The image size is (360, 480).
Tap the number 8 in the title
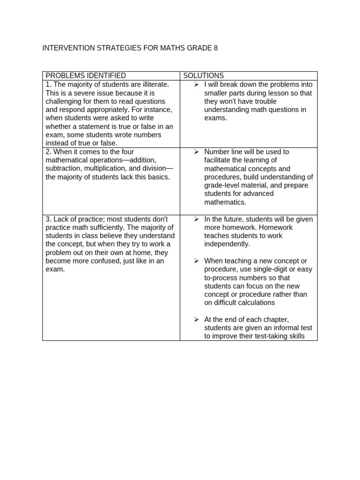coord(216,48)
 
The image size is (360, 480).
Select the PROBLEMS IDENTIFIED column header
coord(86,75)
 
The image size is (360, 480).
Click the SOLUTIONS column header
coord(203,75)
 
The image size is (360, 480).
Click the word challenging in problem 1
coord(65,101)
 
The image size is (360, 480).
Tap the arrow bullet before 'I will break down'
coord(197,84)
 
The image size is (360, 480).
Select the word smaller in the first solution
coord(217,93)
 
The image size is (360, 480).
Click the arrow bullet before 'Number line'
coord(197,152)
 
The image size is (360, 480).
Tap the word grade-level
coord(224,186)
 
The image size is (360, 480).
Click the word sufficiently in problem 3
coord(107,228)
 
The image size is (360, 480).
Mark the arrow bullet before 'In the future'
coord(197,219)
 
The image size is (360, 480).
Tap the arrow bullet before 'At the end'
coord(197,319)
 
